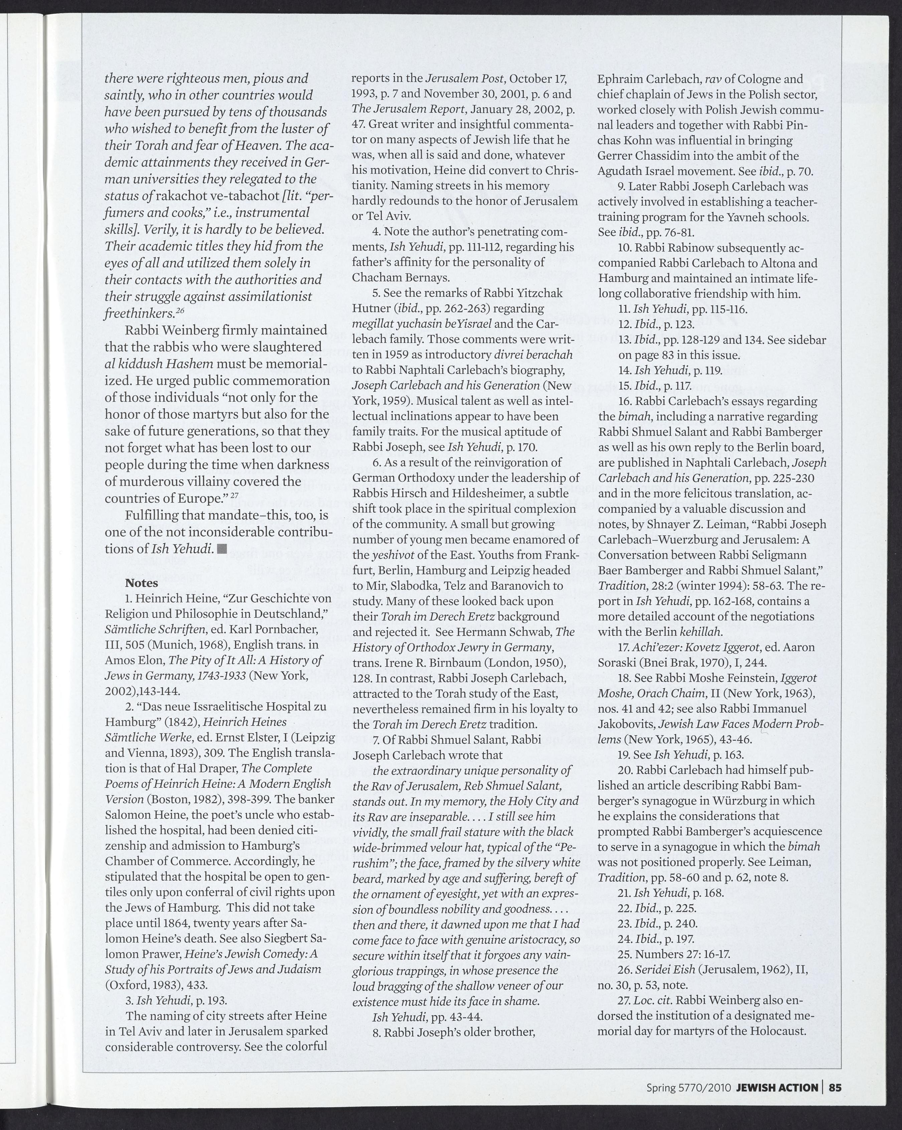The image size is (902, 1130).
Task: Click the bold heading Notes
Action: point(142,582)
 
